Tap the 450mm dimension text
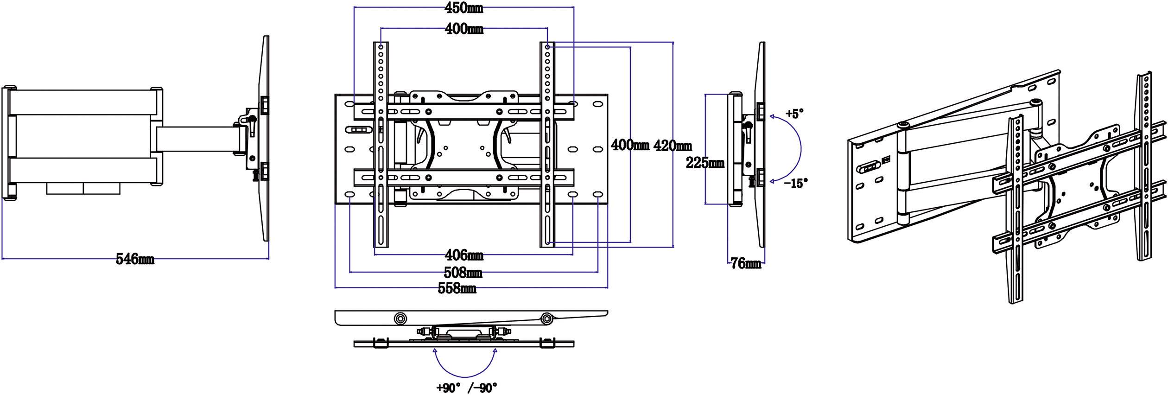(463, 8)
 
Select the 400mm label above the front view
(464, 29)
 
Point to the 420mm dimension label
(672, 146)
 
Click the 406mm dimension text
(464, 255)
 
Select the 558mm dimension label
(457, 289)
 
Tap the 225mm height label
(705, 163)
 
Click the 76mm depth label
(746, 264)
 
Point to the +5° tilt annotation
(794, 113)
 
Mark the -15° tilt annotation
(795, 183)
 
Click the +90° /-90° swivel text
(466, 387)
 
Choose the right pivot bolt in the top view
(547, 319)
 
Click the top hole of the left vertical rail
(381, 47)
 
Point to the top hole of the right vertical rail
(547, 47)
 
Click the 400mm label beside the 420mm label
(629, 146)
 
